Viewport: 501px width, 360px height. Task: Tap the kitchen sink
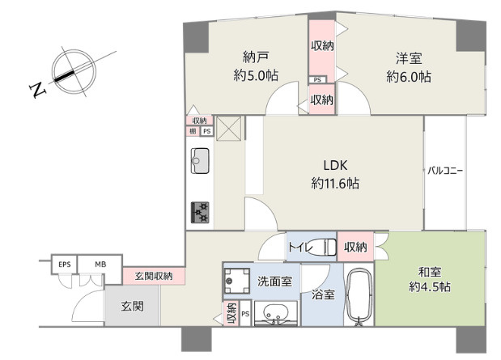pos(200,161)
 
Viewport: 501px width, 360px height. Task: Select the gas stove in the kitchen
pos(200,213)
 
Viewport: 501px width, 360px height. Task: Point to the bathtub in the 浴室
pos(359,297)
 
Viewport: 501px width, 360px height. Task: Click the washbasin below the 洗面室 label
pos(276,314)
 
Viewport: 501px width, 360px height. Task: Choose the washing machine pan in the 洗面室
pos(236,281)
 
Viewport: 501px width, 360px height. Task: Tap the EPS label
pos(64,265)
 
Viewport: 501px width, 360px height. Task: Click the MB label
pos(100,265)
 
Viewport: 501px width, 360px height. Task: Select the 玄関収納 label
pos(154,276)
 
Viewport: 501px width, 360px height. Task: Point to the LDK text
pos(335,166)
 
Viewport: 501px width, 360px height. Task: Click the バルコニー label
pos(445,171)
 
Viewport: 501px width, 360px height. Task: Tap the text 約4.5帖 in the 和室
pos(430,287)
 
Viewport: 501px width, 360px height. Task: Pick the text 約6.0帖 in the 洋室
pos(409,77)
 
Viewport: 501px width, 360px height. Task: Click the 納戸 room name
pos(256,57)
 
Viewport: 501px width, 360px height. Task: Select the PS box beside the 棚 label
pos(207,131)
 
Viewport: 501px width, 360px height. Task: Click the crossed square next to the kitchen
pos(228,129)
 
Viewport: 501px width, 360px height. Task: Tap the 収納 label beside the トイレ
pos(355,247)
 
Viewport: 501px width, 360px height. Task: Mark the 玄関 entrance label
pos(132,307)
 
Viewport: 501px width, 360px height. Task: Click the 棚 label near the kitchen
pos(193,131)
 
